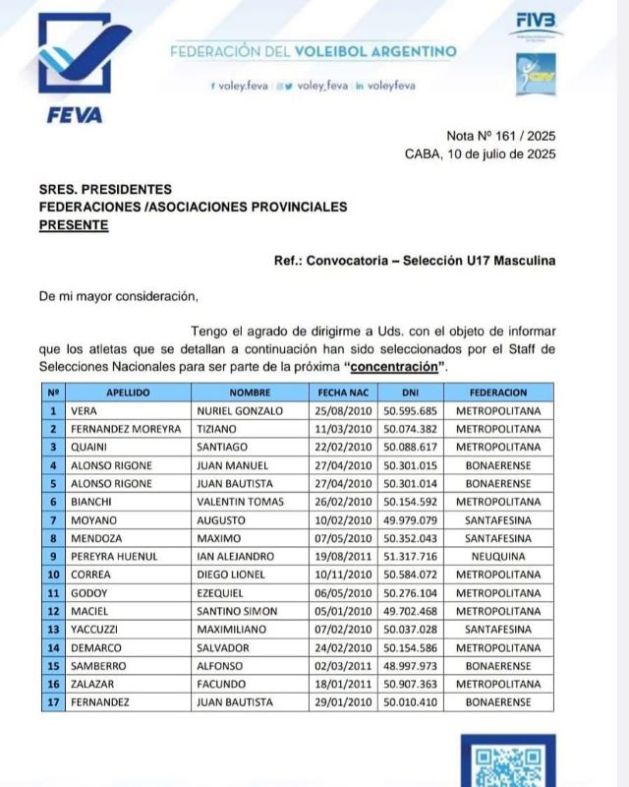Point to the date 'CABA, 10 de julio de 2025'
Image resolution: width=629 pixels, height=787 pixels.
point(480,153)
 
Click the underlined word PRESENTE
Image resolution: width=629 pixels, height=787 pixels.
point(74,224)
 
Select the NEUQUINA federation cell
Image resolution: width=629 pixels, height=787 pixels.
point(499,556)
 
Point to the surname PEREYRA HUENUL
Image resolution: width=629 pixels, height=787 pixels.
point(114,556)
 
